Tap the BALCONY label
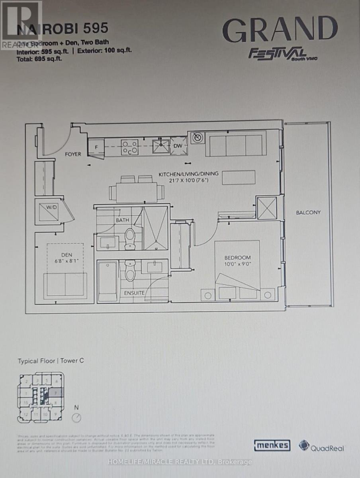tap(308, 212)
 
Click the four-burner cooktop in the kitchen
tap(129, 146)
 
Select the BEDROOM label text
tap(237, 258)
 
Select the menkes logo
tap(272, 445)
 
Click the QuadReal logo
tap(322, 446)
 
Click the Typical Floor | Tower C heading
tap(51, 361)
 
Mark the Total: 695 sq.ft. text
tap(39, 58)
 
